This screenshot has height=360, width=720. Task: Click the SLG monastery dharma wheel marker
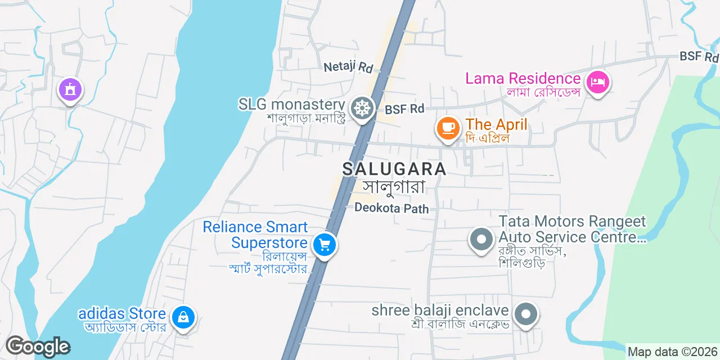click(x=362, y=107)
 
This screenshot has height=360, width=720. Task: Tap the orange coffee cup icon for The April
click(x=448, y=127)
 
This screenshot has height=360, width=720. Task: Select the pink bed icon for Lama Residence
click(x=597, y=83)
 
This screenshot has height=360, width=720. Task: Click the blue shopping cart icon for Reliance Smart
click(x=324, y=245)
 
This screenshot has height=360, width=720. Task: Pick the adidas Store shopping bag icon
click(x=183, y=317)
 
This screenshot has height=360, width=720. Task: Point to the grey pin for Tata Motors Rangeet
click(x=481, y=239)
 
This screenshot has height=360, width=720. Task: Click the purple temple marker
click(x=70, y=89)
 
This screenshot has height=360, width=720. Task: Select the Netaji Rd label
click(x=349, y=67)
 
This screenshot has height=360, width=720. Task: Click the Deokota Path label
click(x=391, y=209)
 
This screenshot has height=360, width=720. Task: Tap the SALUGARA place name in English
click(x=394, y=169)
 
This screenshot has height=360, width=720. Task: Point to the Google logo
click(x=38, y=346)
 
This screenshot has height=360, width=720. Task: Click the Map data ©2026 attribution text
click(x=672, y=352)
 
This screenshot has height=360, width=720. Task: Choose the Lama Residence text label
click(x=523, y=78)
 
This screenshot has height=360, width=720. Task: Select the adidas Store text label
click(x=122, y=313)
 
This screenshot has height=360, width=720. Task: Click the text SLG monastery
click(x=291, y=104)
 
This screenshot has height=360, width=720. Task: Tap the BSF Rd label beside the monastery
click(x=404, y=109)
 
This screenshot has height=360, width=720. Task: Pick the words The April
click(x=497, y=124)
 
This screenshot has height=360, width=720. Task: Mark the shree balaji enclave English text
click(x=440, y=310)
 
